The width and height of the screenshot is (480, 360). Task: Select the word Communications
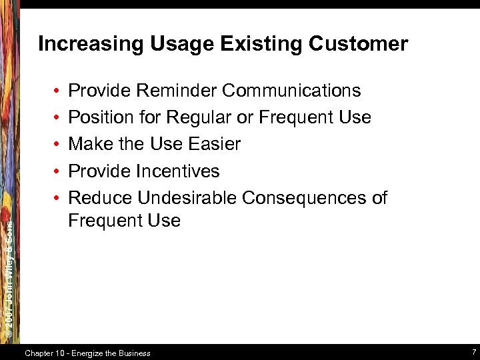(x=291, y=91)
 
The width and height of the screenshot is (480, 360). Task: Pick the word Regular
(x=199, y=117)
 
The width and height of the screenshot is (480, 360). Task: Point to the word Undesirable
(x=187, y=198)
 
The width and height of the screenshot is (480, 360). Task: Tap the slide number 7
(x=473, y=352)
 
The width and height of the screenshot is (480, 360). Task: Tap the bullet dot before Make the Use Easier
(x=59, y=145)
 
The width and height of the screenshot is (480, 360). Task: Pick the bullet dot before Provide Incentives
(x=59, y=171)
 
